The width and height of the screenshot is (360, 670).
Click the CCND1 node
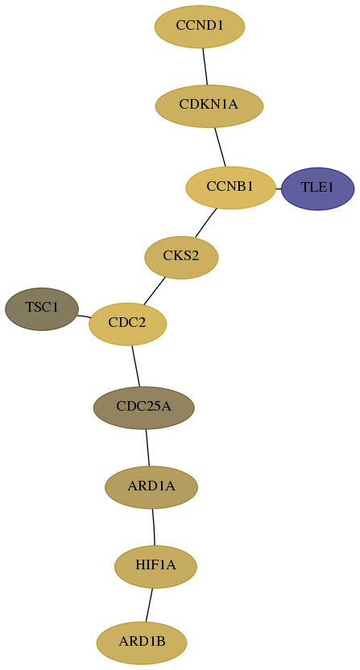pos(200,27)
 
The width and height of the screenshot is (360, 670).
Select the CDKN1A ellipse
pos(209,106)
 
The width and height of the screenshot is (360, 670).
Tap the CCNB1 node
pos(230,188)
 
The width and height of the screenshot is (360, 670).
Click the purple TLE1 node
pos(317,188)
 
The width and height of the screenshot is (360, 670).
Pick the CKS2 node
pos(181,257)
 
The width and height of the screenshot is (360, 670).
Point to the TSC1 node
pos(42,309)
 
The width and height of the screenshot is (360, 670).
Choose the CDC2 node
pos(127,324)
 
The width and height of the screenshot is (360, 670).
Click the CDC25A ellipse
pos(143,407)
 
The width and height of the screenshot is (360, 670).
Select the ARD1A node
pos(151,487)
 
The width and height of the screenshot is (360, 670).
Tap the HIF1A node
pos(155,567)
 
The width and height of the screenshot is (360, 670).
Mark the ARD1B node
pos(142,643)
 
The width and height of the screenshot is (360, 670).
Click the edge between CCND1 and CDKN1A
pos(205,66)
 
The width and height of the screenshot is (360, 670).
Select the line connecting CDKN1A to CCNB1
pos(220,147)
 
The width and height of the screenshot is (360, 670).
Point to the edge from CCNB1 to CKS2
pos(205,222)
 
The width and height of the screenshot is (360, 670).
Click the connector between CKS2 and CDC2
pos(155,291)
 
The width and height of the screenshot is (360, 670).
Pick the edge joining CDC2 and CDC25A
pos(135,366)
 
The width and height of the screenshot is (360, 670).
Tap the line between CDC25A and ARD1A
pos(147,448)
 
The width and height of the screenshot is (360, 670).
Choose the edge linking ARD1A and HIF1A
pos(154,527)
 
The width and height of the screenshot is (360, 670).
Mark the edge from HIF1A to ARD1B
pos(149,605)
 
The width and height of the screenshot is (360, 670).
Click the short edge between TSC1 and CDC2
pos(84,316)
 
